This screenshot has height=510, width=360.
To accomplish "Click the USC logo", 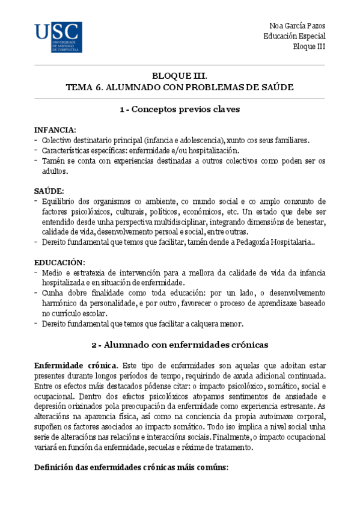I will [58, 37].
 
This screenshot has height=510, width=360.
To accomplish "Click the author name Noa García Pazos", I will [295, 25].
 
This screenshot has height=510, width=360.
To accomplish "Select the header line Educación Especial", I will [294, 36].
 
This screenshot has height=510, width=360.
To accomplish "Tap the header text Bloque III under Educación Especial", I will [308, 47].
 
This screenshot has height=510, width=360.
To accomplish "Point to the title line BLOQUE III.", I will [179, 76].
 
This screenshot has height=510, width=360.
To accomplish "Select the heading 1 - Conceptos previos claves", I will [180, 110].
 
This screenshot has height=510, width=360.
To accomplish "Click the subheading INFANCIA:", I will [54, 130].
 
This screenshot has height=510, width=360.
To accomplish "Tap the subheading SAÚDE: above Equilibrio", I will [49, 191].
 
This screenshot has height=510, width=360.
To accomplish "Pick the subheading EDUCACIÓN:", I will [59, 262].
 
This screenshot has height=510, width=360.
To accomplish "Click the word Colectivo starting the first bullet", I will [59, 140].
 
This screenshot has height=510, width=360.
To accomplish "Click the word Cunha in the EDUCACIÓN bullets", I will [52, 292].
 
